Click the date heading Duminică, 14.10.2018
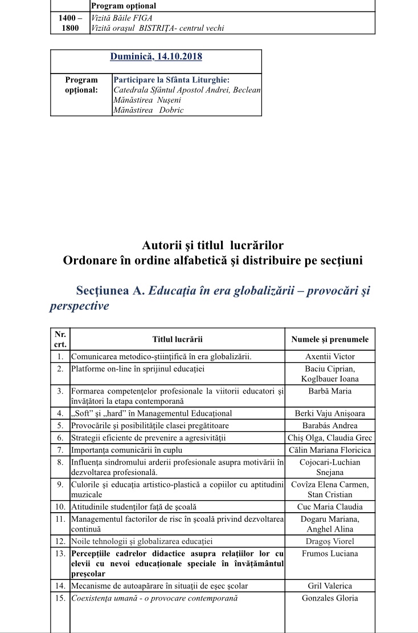(x=156, y=56)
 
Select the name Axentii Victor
(x=330, y=357)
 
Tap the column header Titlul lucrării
(x=178, y=339)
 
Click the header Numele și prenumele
(x=330, y=339)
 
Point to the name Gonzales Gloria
(x=330, y=598)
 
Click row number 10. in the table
(x=60, y=506)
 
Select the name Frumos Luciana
(x=330, y=553)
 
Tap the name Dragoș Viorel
(x=330, y=541)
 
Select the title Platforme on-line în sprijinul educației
(x=138, y=368)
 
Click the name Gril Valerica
(x=330, y=586)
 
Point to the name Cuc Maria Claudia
(x=330, y=506)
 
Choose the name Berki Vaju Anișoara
(x=330, y=413)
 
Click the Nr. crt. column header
(x=60, y=339)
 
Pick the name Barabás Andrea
(x=330, y=425)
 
